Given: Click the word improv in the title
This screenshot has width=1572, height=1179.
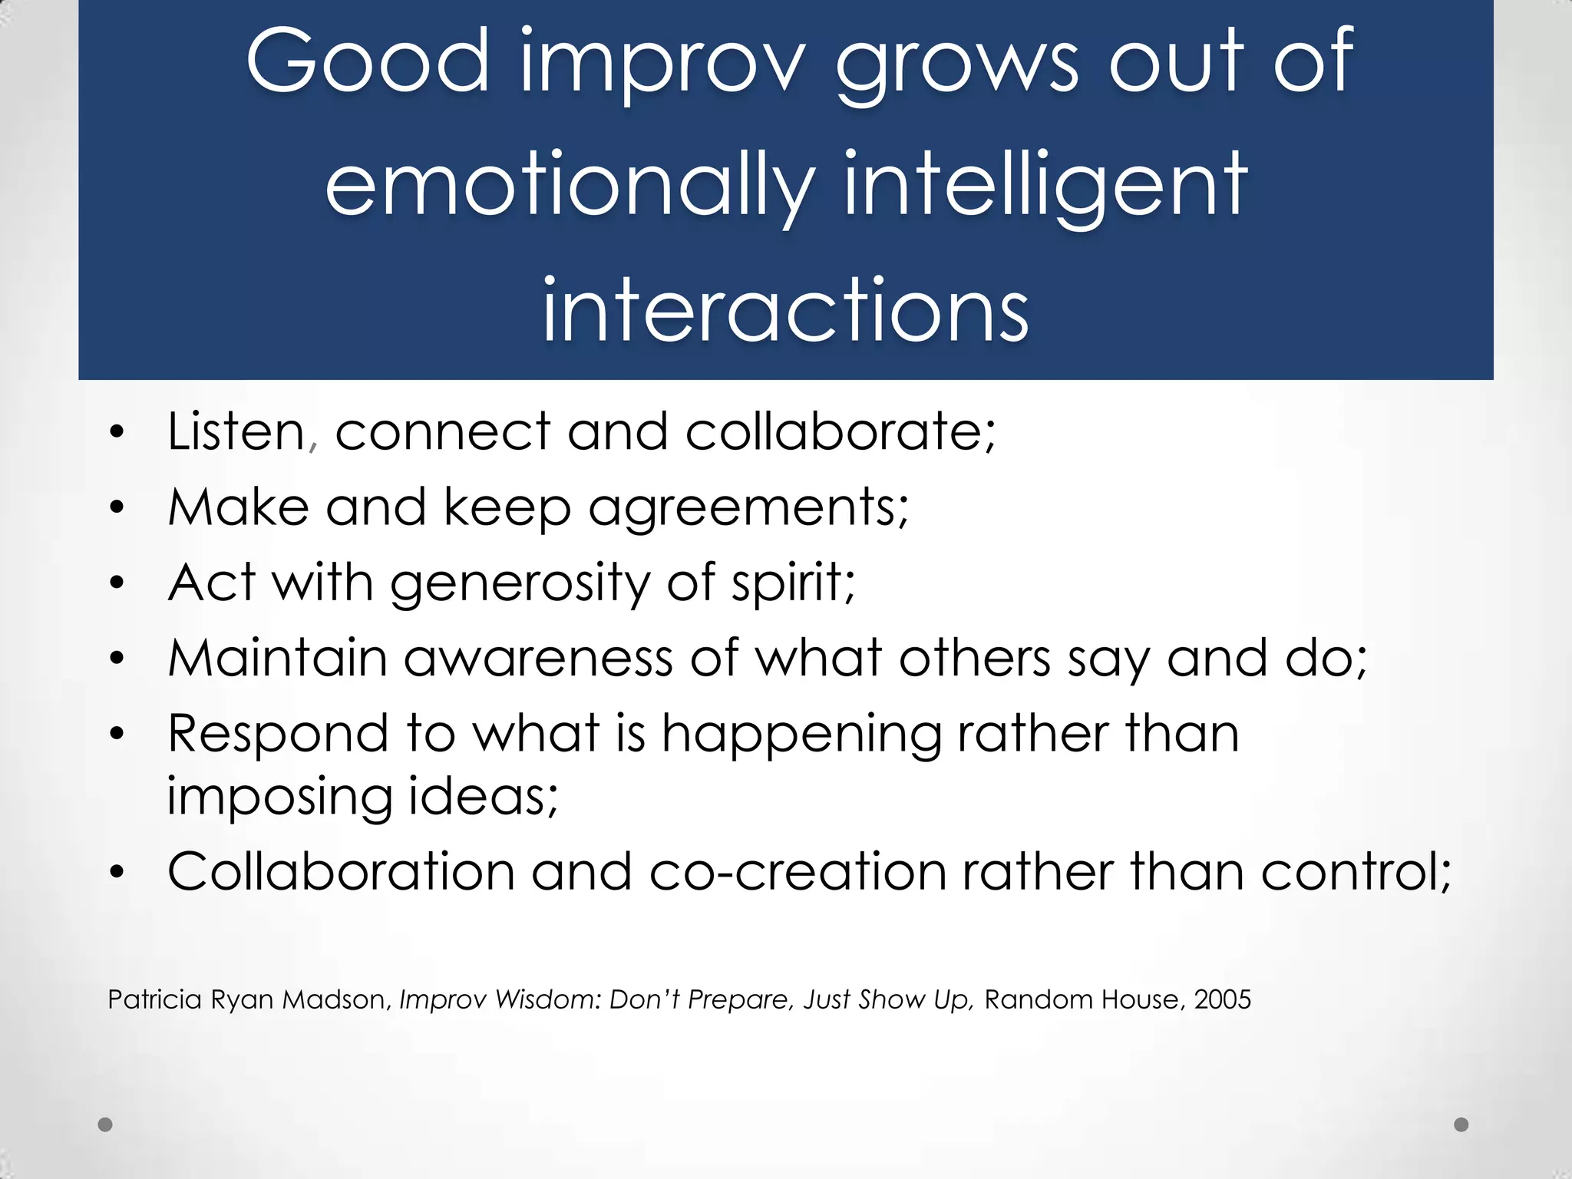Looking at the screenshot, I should (x=663, y=61).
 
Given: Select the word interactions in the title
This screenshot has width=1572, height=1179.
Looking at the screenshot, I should (x=784, y=309).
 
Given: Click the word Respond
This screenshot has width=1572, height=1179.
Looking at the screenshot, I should (x=278, y=734).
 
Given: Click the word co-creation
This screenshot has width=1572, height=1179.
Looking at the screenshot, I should (x=798, y=872).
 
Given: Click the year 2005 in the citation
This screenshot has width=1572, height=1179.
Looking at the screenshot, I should (x=1223, y=999).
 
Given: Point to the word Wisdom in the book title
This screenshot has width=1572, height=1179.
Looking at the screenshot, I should (x=547, y=999).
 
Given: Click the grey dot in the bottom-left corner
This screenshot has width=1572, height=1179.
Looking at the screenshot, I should (x=105, y=1125).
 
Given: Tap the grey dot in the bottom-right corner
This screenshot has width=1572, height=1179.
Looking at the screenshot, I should (x=1461, y=1125).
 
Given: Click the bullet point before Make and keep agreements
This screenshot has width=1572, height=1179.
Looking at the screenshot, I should (x=117, y=507).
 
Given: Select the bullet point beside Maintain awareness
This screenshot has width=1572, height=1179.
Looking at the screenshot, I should (x=117, y=658).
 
